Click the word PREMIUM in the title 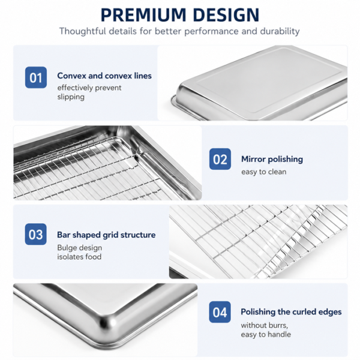(143, 15)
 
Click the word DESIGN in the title (226, 15)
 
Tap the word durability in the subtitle (280, 31)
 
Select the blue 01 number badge (36, 77)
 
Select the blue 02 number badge (220, 159)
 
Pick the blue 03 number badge (35, 234)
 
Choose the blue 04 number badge (220, 312)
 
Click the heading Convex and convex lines (104, 76)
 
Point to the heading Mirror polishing (272, 159)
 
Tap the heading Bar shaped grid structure (106, 235)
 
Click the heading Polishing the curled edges (291, 312)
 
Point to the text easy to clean (264, 172)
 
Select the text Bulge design (80, 248)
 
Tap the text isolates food (79, 257)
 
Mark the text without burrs (264, 325)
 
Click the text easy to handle (266, 335)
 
